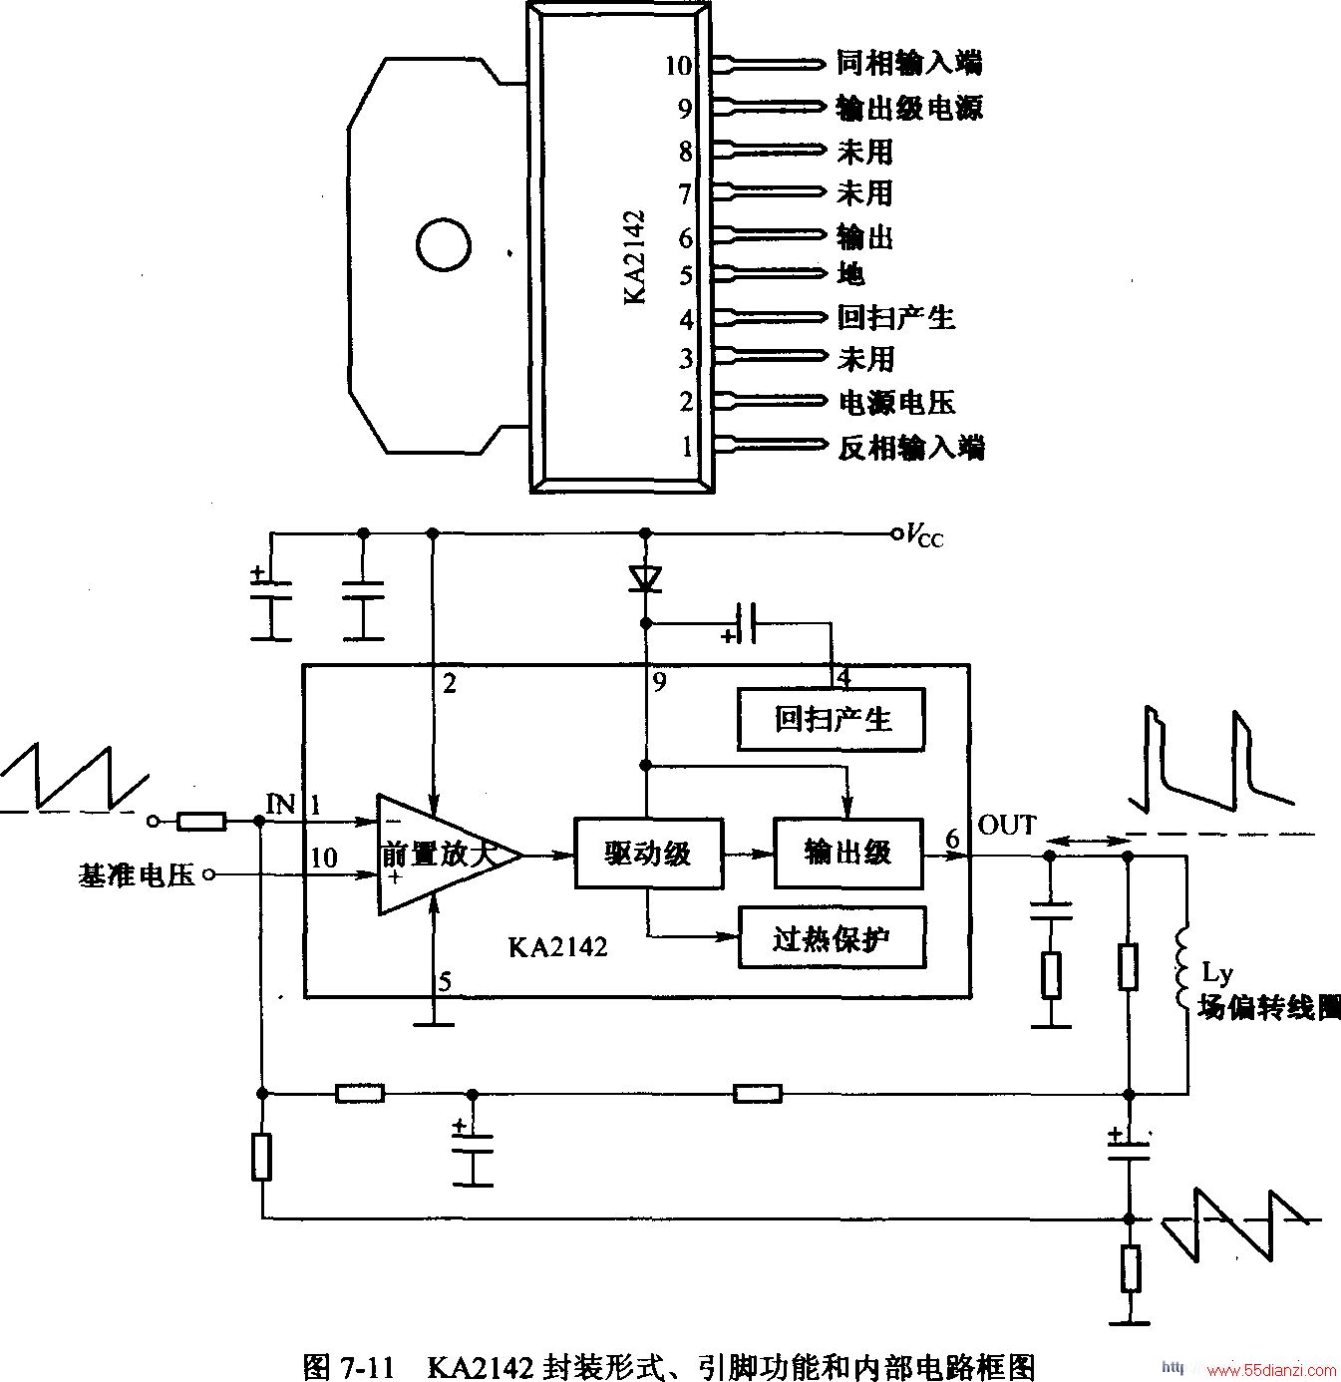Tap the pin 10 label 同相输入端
pos(909,63)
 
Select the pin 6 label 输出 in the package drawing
pos(864,236)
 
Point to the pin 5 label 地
pos(850,273)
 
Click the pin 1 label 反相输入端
pos(911,448)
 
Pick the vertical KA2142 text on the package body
pos(634,256)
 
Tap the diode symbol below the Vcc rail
pos(646,578)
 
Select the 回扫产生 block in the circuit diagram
pos(832,719)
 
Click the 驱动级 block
pos(648,853)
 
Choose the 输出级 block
pos(848,853)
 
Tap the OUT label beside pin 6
pos(1007,826)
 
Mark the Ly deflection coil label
pos(1216,972)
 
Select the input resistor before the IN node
pos(201,822)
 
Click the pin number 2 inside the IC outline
pos(449,684)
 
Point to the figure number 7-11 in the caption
pos(367,1363)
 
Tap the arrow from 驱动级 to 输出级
pos(748,854)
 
